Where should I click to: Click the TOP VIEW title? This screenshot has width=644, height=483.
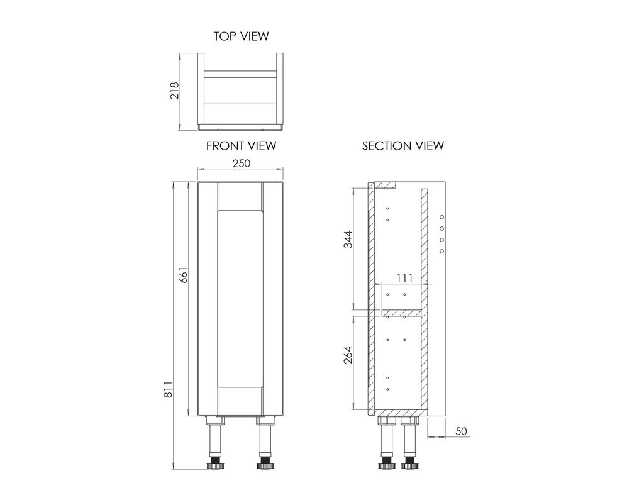tap(241, 36)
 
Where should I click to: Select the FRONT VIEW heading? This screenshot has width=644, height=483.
tap(241, 146)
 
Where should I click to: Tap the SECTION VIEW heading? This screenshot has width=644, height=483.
tap(403, 146)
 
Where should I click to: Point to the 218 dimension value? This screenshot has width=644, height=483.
tap(175, 91)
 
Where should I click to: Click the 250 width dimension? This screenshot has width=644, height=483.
tap(241, 164)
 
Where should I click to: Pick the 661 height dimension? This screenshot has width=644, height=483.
tap(183, 275)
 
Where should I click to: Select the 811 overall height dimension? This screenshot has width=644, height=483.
tap(168, 389)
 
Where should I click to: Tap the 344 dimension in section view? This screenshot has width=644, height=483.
tap(347, 240)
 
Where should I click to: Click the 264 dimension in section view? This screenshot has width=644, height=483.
tap(347, 355)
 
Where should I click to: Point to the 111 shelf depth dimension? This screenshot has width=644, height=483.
tap(404, 278)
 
